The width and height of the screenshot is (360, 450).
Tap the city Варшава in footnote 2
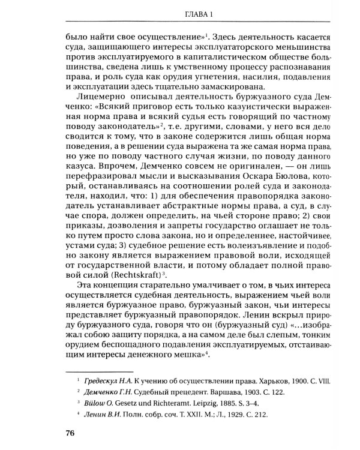point(215,392)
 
